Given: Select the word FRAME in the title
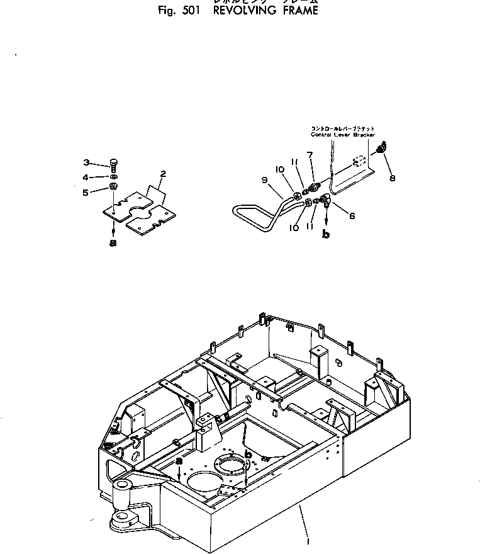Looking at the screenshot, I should click(296, 11).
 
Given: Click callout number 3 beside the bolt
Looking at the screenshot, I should click(87, 162).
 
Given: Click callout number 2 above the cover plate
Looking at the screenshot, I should click(163, 173).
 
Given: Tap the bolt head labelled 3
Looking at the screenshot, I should click(114, 163).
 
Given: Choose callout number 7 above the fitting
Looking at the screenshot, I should click(310, 154).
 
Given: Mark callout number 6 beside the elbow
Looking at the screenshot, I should click(352, 215).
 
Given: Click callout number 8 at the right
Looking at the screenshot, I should click(392, 178).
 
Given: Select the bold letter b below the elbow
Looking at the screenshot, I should click(326, 234).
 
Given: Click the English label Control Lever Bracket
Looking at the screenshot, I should click(342, 135).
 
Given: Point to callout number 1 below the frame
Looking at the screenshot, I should click(308, 540).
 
